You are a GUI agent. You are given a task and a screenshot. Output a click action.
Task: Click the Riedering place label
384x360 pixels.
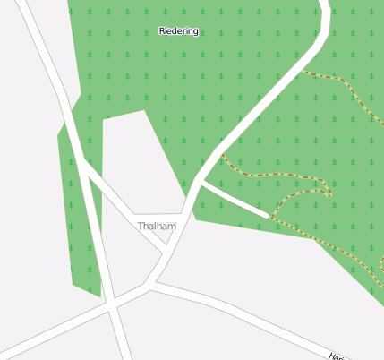(178, 31)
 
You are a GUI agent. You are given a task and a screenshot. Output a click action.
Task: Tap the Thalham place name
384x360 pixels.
(157, 227)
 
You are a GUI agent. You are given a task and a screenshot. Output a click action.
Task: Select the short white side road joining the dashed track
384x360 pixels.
(235, 199)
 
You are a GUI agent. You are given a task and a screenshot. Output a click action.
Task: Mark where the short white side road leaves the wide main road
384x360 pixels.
(202, 183)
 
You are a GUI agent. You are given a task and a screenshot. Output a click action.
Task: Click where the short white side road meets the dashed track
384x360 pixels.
(269, 216)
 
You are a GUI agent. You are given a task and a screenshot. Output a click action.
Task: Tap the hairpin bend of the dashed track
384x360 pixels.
(329, 190)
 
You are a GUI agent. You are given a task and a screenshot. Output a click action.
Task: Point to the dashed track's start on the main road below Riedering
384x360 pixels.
(221, 154)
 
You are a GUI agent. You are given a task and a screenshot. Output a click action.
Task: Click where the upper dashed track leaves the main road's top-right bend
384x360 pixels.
(303, 71)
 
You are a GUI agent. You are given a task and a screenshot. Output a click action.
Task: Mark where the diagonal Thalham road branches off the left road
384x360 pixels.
(82, 160)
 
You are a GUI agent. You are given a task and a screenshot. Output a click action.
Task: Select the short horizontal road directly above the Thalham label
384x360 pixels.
(161, 216)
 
